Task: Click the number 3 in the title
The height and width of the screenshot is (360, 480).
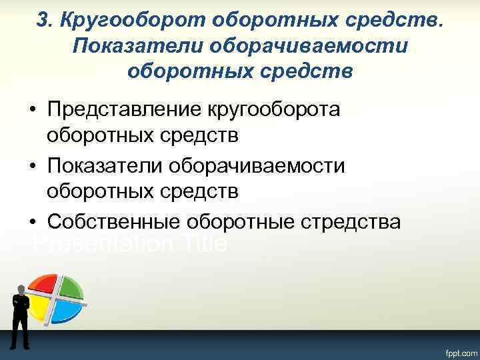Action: click(42, 21)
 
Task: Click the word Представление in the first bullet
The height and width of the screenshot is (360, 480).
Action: click(126, 109)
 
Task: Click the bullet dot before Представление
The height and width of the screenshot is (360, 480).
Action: click(33, 110)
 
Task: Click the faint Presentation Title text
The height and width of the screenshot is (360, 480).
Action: click(130, 245)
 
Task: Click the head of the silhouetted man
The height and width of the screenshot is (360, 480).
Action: click(20, 289)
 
